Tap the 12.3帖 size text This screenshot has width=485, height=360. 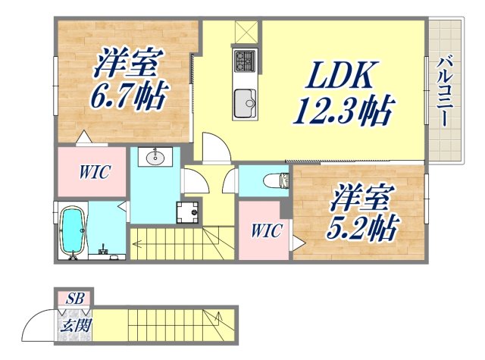(343, 112)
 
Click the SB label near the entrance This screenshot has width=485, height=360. (74, 299)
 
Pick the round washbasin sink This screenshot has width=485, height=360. (158, 158)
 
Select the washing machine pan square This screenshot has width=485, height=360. (187, 213)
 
